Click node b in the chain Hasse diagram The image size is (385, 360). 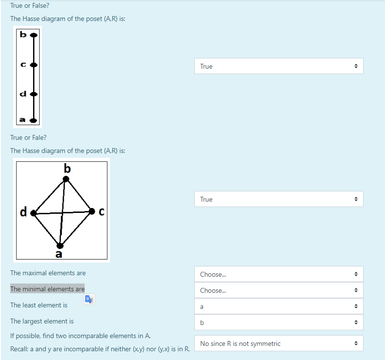[33, 36]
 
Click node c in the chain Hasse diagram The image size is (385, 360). [33, 64]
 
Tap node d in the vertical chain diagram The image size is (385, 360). [33, 93]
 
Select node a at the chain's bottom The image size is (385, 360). [33, 119]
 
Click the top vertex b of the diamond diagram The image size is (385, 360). [66, 179]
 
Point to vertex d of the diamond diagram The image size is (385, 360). [34, 213]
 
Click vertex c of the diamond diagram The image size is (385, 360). [92, 211]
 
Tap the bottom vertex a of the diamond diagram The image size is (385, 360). [60, 245]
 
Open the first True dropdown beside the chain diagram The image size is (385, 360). [278, 66]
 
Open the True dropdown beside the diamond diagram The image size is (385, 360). [278, 199]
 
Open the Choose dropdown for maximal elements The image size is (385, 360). [278, 274]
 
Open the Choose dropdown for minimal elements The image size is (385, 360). [278, 290]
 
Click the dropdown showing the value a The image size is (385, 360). [278, 307]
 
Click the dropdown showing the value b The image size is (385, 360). [278, 322]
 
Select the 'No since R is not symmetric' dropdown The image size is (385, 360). [278, 343]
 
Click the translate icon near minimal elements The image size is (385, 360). [89, 300]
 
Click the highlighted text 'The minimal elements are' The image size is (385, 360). [47, 289]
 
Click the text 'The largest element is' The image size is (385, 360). [42, 321]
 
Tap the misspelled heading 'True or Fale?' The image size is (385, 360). [28, 137]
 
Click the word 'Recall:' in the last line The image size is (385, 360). [20, 349]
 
